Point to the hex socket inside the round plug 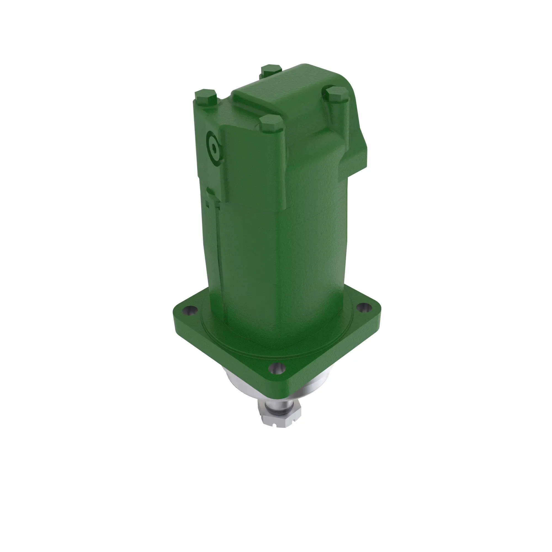tap(214, 149)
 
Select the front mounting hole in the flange tap(277, 369)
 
